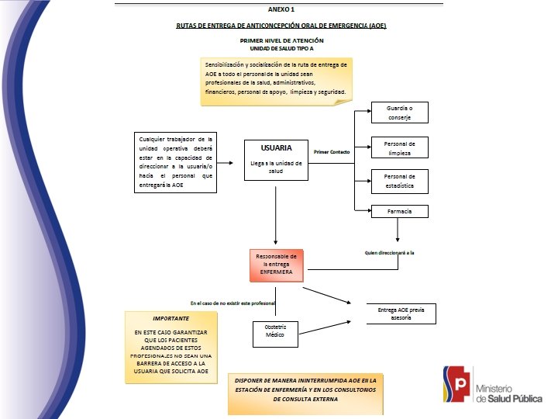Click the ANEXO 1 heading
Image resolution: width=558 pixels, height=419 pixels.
(281, 9)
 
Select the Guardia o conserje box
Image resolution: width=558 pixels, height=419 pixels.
(399, 113)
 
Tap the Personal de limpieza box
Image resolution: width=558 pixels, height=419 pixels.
(399, 147)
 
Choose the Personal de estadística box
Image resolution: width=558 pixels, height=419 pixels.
(399, 182)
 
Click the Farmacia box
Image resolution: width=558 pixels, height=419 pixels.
(399, 212)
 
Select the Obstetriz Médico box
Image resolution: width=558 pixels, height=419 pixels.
(275, 332)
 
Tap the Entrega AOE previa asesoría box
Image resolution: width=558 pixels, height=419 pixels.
(401, 313)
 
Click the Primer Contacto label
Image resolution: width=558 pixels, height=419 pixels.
(332, 152)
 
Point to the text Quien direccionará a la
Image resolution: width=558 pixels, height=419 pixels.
(389, 253)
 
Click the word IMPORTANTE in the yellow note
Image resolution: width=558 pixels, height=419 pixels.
(170, 318)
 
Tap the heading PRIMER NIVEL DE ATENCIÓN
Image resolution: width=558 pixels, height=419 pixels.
(282, 40)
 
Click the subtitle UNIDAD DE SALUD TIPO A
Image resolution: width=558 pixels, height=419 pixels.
(281, 47)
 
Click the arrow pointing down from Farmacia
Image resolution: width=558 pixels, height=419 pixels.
(398, 230)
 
